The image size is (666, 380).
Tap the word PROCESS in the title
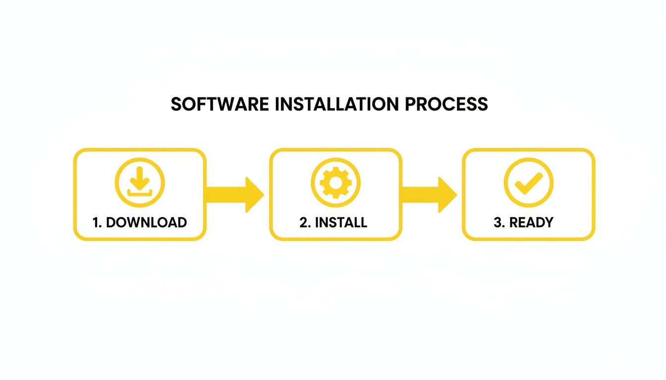click(x=446, y=104)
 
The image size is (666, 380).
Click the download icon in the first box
click(x=139, y=182)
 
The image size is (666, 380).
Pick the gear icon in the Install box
click(x=335, y=182)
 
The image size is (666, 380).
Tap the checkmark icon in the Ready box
click(x=528, y=182)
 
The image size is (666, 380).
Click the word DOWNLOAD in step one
click(x=147, y=223)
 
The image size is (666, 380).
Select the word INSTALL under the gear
click(x=341, y=223)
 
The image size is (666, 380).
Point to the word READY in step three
click(x=531, y=223)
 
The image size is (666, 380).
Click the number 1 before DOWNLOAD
click(x=97, y=223)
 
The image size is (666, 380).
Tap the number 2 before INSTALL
click(x=304, y=223)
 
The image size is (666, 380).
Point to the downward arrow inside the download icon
click(x=139, y=177)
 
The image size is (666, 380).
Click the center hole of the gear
click(x=335, y=182)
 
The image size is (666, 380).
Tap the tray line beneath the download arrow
click(x=139, y=192)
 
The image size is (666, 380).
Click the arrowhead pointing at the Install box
click(x=254, y=194)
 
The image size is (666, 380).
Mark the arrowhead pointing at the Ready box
click(x=447, y=194)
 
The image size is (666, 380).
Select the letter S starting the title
click(x=176, y=104)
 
